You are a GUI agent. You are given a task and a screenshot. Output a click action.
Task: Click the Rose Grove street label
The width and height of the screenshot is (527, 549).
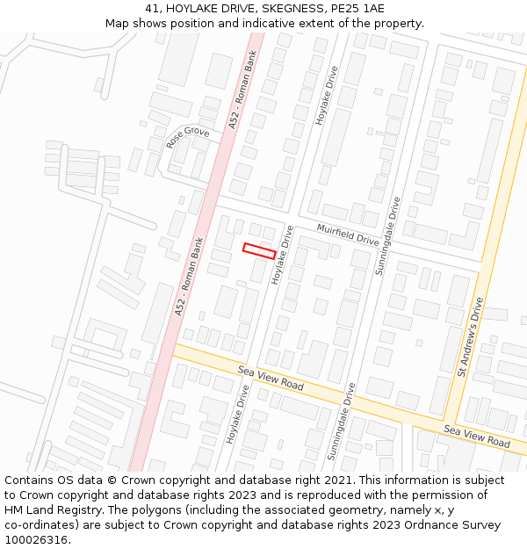[187, 137]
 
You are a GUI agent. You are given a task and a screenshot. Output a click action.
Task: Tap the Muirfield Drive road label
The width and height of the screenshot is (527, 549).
[348, 235]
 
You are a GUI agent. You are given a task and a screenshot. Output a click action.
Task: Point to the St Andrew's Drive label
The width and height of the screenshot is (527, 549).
[470, 337]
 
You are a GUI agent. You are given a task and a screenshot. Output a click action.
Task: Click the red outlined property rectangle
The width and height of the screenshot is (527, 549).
[259, 250]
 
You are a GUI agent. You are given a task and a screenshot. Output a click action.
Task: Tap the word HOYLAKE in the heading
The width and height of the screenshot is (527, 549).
[193, 8]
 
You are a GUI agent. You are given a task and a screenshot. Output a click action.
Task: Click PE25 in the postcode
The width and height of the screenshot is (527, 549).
[347, 8]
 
